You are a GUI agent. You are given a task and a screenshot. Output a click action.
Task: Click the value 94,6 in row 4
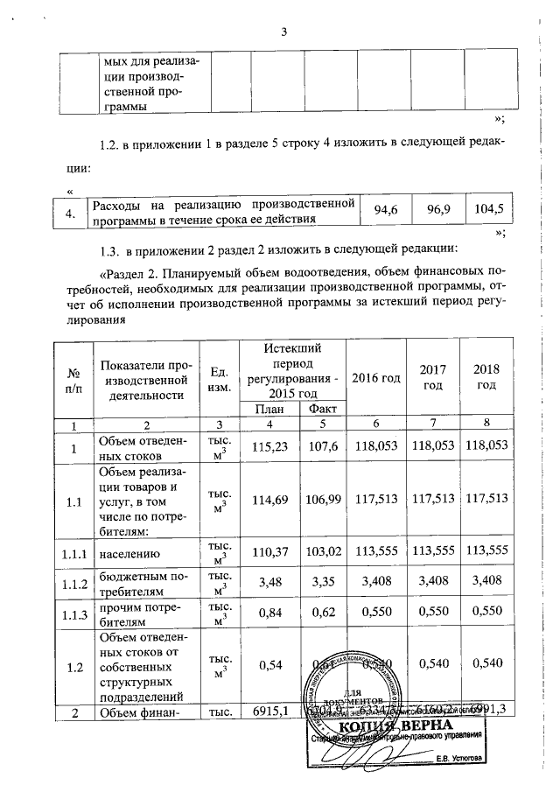386,210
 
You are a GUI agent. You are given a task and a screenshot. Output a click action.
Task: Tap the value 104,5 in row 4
489,210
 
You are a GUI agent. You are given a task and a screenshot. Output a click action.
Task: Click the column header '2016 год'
376,377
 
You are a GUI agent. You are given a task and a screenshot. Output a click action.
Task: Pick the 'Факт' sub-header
323,409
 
